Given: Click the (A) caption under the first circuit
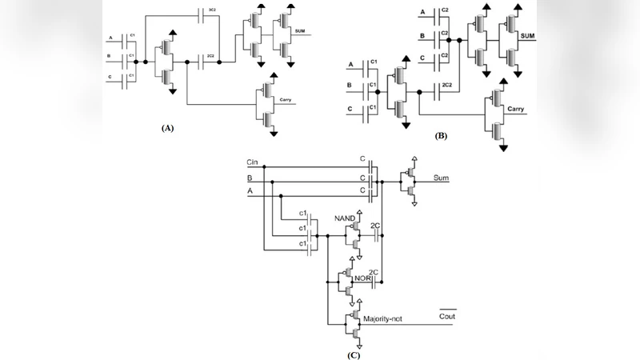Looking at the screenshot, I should coord(167,127).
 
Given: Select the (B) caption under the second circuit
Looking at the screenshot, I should coord(441,137).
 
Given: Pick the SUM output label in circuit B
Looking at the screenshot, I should coord(528,37).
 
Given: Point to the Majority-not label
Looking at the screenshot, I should coord(385,318).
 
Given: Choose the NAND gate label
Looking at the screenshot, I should coord(345,216).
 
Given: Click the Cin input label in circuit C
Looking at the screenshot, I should coord(253,163).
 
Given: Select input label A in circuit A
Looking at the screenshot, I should coord(110,38).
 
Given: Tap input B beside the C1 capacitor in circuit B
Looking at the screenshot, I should coord(349,85).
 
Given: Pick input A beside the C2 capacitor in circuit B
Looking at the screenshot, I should coord(422,13).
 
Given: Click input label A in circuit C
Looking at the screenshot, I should coord(250,191).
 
